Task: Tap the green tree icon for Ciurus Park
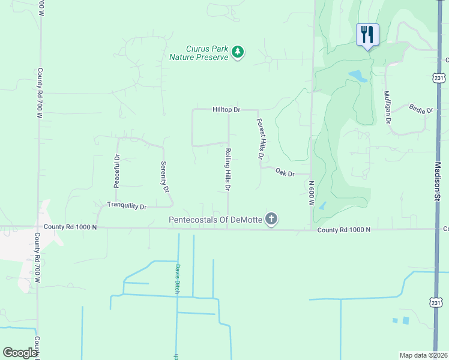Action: [238, 52]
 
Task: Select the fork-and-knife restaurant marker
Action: [367, 34]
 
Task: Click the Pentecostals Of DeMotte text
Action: [216, 220]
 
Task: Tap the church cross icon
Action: [271, 219]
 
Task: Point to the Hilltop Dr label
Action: [226, 110]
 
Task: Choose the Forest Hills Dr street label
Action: [261, 139]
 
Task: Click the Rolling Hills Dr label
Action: [228, 170]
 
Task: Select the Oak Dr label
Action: [285, 173]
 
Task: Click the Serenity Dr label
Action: [164, 176]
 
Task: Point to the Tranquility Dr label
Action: [127, 206]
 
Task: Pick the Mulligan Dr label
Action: [388, 107]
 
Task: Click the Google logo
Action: [20, 353]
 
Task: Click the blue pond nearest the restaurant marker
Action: [358, 76]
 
